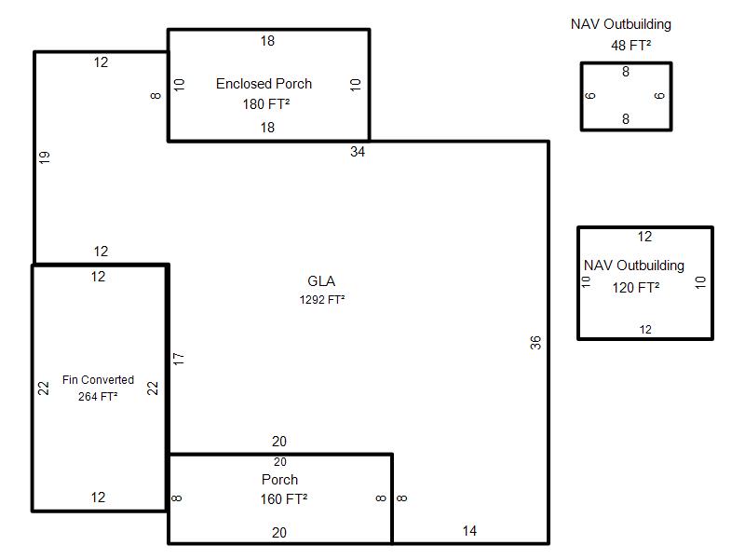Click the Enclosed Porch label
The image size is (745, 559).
(x=264, y=84)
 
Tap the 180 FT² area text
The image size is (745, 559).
(x=265, y=104)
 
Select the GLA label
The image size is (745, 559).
(x=321, y=281)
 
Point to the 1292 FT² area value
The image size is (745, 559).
(x=322, y=300)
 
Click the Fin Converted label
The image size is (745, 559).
(x=98, y=380)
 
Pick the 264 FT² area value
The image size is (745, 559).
(x=98, y=397)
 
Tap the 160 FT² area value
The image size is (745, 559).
(x=284, y=499)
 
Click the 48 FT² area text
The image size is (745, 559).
(x=630, y=45)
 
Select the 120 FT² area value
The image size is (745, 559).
(x=636, y=288)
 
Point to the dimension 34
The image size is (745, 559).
(x=358, y=152)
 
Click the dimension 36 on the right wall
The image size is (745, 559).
(x=535, y=343)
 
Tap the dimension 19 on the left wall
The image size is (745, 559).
(x=45, y=157)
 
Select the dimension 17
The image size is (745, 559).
(x=179, y=358)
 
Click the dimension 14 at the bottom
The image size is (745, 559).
(x=469, y=531)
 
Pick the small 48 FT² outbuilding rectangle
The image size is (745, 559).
(x=626, y=96)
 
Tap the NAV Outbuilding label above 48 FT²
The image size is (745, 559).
(x=620, y=24)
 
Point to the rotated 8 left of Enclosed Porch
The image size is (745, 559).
(x=156, y=94)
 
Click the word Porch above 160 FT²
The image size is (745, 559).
(x=279, y=480)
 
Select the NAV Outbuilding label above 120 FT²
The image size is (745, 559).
(x=634, y=266)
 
